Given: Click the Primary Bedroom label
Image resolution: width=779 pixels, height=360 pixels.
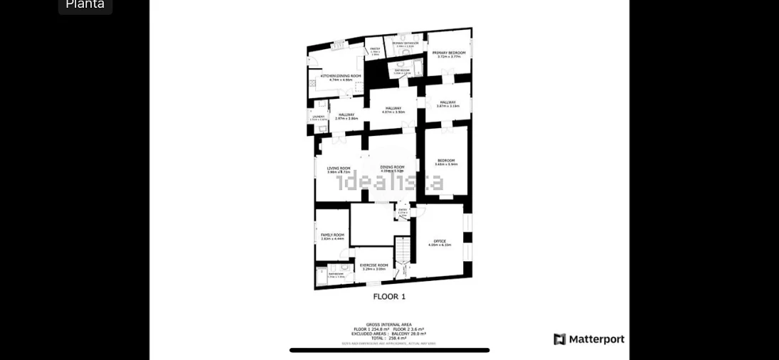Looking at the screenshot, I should pyautogui.click(x=448, y=53).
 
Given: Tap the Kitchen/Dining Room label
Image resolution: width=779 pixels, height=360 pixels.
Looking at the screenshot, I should pyautogui.click(x=341, y=77).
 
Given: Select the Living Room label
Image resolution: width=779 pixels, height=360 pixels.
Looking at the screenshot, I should pyautogui.click(x=339, y=169).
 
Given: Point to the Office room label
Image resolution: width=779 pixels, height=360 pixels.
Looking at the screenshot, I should pyautogui.click(x=440, y=242).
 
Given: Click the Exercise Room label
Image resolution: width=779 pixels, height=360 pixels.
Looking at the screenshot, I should pyautogui.click(x=373, y=266).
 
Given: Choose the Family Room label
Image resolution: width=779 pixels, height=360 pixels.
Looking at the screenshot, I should pyautogui.click(x=332, y=235).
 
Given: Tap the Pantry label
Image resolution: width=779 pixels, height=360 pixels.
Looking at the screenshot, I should pyautogui.click(x=375, y=50).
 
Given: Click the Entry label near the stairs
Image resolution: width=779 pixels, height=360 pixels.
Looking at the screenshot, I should pyautogui.click(x=403, y=210).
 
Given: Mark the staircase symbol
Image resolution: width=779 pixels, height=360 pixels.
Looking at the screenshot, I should pyautogui.click(x=403, y=249).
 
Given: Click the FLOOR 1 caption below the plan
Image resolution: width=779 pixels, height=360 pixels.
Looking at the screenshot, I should pyautogui.click(x=389, y=296).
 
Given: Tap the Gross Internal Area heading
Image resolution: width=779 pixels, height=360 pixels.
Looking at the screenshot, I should pyautogui.click(x=388, y=324).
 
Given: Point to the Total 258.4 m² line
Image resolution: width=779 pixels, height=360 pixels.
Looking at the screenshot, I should pyautogui.click(x=388, y=338).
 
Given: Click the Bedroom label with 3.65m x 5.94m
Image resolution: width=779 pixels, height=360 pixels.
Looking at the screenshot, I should pyautogui.click(x=446, y=162).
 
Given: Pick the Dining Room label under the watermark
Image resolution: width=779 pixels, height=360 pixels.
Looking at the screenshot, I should pyautogui.click(x=392, y=168).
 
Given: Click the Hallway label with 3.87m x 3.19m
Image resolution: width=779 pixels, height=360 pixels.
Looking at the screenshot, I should pyautogui.click(x=447, y=103).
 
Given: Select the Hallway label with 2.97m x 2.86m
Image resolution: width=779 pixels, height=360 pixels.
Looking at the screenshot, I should pyautogui.click(x=346, y=116).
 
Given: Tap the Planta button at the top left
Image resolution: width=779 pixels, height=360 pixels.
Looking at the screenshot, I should pyautogui.click(x=85, y=4).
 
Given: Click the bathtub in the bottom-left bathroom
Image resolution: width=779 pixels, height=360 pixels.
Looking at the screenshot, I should pyautogui.click(x=321, y=276).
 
